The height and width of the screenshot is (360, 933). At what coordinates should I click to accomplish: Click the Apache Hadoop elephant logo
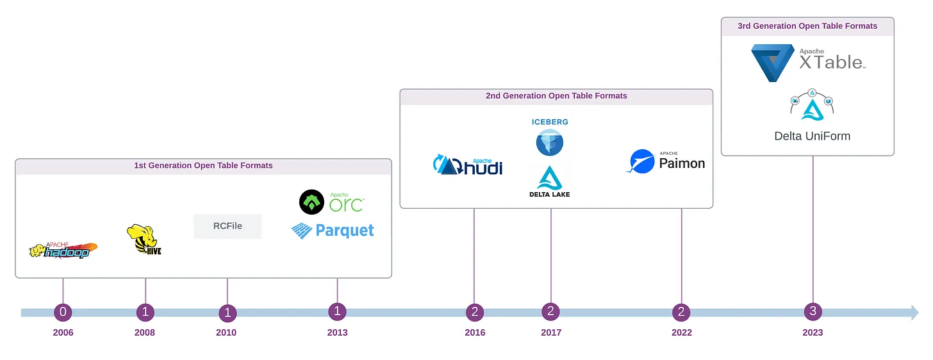63,250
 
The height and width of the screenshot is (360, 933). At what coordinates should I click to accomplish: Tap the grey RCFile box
227,226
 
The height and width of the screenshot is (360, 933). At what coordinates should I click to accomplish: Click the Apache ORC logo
331,202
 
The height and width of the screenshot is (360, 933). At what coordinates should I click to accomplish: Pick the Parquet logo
333,231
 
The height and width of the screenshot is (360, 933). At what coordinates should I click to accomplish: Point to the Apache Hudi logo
468,165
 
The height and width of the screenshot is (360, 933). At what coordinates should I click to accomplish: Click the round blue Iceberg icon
550,142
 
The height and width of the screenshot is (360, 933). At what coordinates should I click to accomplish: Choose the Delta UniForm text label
812,136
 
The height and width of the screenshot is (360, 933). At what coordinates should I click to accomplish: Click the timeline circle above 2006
63,312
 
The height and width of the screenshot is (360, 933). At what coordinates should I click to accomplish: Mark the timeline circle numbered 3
813,312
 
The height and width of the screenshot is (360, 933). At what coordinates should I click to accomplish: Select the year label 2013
337,332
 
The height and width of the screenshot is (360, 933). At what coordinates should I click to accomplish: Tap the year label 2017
550,332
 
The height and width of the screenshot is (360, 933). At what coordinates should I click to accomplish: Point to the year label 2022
681,332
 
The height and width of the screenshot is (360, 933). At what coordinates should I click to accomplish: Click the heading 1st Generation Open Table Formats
203,165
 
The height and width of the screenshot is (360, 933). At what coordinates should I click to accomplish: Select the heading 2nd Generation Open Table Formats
556,96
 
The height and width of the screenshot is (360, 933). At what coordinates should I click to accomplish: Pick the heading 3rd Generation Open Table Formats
807,26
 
